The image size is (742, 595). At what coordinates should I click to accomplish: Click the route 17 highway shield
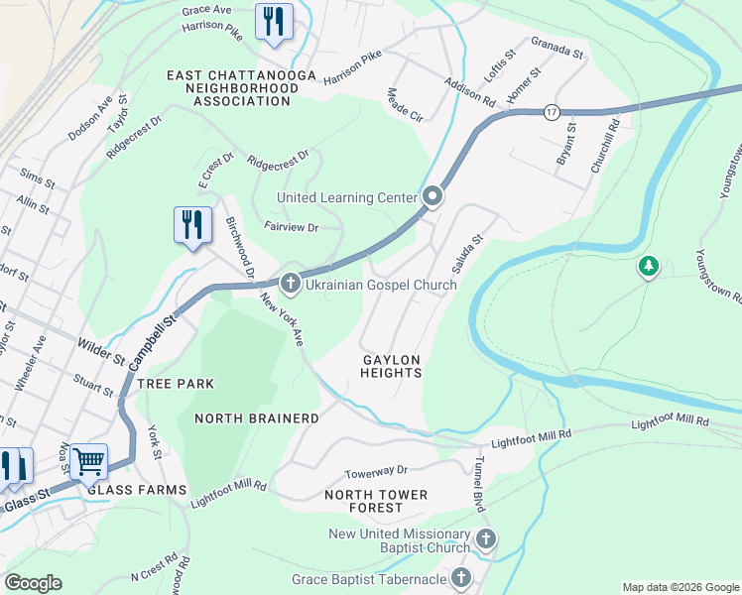click(552, 113)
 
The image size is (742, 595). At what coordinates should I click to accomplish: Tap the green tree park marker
click(649, 266)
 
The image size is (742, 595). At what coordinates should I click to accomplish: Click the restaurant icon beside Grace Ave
click(274, 22)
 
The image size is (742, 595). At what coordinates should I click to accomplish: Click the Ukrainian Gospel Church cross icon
click(291, 285)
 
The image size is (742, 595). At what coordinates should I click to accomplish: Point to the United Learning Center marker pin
click(433, 197)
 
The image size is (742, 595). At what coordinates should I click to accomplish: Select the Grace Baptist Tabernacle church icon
click(460, 578)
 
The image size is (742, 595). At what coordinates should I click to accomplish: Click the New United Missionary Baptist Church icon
click(485, 540)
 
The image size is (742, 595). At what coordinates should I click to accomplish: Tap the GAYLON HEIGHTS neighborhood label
click(392, 366)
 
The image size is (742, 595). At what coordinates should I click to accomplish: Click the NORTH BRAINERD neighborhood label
click(257, 418)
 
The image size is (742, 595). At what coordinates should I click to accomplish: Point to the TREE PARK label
click(176, 383)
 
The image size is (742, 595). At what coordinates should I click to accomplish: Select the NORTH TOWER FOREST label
click(376, 501)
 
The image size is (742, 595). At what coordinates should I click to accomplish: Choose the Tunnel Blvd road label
click(479, 484)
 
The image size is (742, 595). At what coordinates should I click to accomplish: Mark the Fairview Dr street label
click(291, 227)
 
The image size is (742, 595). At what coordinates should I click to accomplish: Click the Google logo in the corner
click(33, 583)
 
